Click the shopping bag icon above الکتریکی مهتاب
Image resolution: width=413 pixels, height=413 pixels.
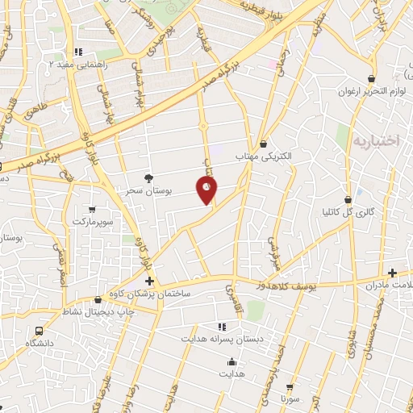[x=263, y=144]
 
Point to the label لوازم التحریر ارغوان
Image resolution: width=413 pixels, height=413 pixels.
[x=370, y=90]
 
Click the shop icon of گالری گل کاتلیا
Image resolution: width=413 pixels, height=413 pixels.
[x=348, y=199]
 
